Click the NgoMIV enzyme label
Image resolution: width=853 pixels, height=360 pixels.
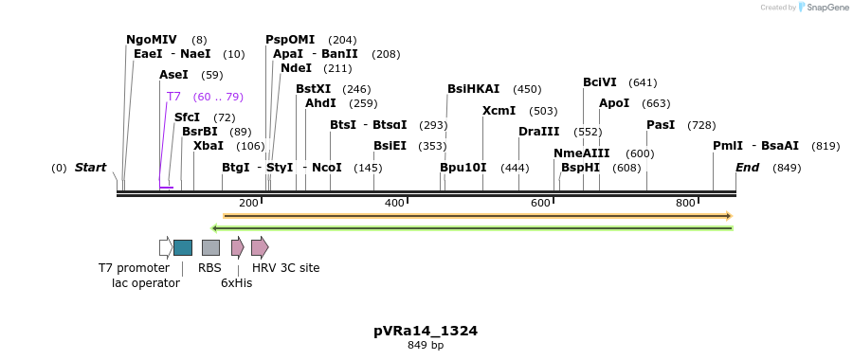click(151, 40)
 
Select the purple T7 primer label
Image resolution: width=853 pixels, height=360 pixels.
click(173, 97)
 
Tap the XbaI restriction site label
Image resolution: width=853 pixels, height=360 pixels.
click(209, 146)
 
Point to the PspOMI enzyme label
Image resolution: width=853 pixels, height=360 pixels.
click(291, 40)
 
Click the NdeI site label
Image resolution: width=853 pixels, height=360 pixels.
click(296, 68)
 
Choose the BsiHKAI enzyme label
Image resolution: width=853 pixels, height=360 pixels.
click(473, 89)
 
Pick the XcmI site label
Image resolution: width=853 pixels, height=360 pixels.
click(499, 111)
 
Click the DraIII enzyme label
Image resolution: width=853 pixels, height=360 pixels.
click(539, 132)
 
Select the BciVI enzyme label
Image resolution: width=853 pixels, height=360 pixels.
click(600, 82)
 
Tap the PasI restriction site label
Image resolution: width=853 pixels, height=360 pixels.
click(661, 125)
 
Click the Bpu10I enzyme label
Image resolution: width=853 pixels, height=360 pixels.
click(463, 168)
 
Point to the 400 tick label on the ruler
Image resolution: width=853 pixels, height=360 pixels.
click(394, 203)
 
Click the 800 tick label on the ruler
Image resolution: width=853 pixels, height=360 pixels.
click(685, 203)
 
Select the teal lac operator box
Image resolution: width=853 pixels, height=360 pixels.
click(183, 247)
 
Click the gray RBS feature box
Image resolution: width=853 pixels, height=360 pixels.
click(210, 247)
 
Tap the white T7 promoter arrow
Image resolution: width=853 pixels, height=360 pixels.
click(165, 247)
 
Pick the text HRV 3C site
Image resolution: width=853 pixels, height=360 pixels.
click(285, 268)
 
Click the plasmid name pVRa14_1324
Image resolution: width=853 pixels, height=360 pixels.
click(426, 331)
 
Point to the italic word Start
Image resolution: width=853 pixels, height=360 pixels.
click(90, 168)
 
